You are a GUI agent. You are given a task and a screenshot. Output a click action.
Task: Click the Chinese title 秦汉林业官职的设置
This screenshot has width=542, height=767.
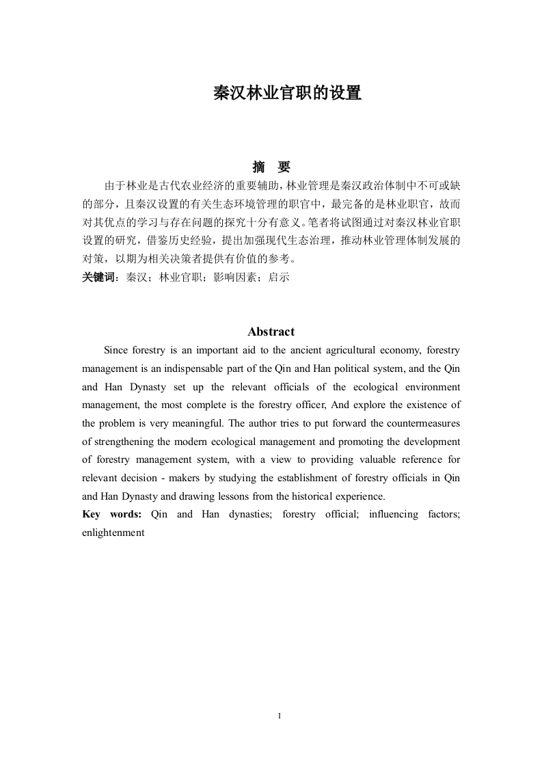click(x=287, y=94)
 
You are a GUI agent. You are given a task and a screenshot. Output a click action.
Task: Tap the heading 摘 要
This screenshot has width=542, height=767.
click(x=271, y=167)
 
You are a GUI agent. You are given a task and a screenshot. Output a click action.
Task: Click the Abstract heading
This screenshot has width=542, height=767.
click(x=271, y=332)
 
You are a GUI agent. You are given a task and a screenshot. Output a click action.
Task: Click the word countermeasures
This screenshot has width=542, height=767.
click(x=422, y=424)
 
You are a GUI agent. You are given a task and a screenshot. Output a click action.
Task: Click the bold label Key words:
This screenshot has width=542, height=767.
click(x=111, y=514)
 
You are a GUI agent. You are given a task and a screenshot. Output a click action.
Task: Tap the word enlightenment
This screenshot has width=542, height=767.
click(x=113, y=533)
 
